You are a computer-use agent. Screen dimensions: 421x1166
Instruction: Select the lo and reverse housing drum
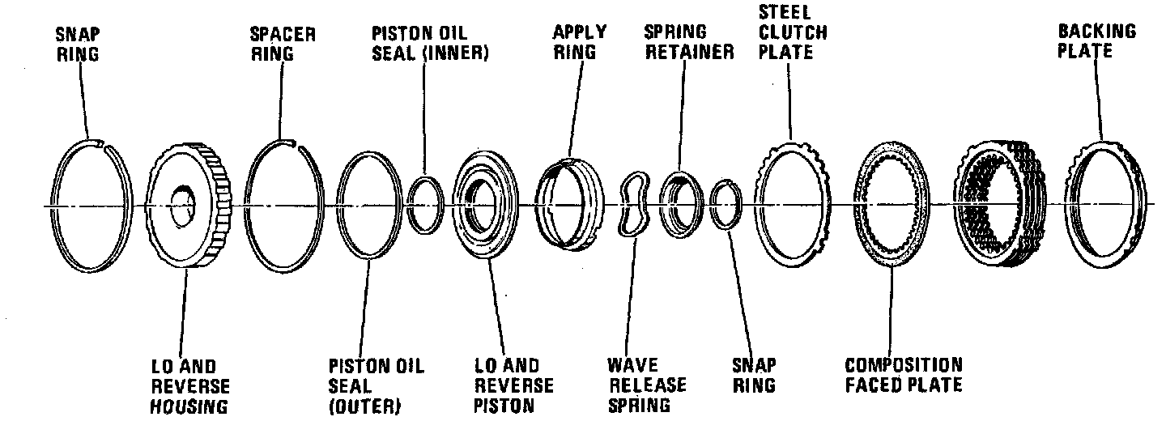click(x=191, y=202)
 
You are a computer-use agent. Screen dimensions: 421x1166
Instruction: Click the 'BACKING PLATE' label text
click(x=1097, y=40)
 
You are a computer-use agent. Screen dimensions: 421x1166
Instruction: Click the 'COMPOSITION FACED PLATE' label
click(x=903, y=375)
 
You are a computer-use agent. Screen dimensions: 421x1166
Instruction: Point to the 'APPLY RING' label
click(x=579, y=41)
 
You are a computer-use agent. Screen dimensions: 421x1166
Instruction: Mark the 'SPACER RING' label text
click(x=283, y=44)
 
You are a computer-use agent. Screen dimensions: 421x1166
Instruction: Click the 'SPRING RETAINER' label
click(x=688, y=42)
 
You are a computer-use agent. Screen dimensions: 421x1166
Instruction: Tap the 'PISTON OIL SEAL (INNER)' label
click(x=430, y=42)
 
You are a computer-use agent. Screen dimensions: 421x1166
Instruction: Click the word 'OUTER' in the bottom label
click(x=366, y=404)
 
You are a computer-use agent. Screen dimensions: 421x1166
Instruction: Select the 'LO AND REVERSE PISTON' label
click(x=513, y=386)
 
